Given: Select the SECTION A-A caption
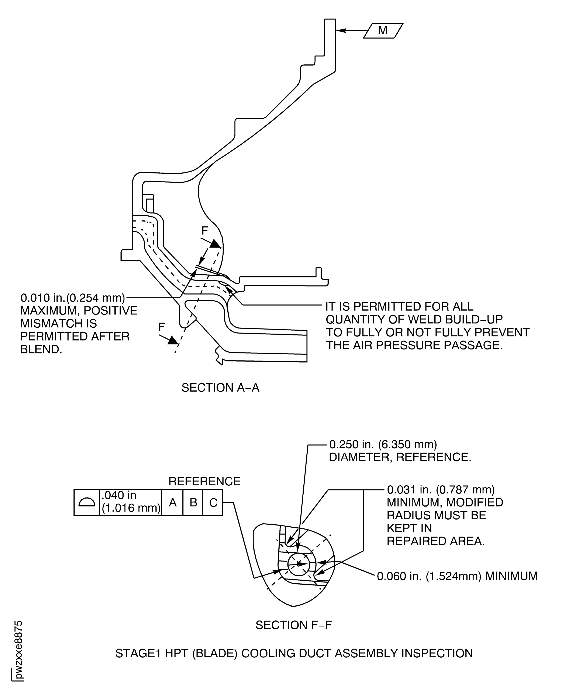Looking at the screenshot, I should click(220, 388).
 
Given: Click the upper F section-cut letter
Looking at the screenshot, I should click(205, 231).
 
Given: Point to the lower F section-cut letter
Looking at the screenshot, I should click(162, 327).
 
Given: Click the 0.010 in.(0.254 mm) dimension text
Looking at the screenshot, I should click(73, 298).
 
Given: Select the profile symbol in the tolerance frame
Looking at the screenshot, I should click(87, 502).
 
